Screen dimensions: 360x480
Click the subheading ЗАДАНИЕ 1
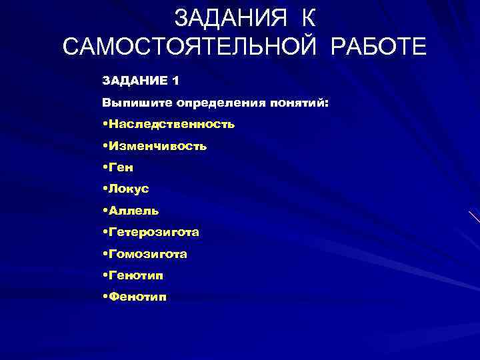(140, 81)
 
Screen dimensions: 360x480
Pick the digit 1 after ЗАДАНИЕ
(175, 81)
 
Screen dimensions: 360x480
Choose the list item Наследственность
(171, 124)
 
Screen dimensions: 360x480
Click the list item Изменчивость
(158, 146)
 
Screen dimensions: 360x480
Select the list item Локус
(129, 189)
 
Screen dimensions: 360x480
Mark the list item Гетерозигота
(154, 233)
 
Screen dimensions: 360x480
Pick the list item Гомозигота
(148, 254)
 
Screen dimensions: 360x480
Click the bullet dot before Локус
(105, 189)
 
